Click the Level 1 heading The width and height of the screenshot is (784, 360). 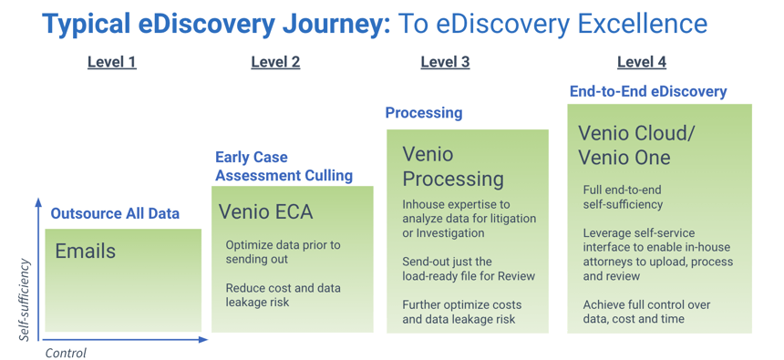(111, 62)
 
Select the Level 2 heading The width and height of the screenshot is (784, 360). (275, 62)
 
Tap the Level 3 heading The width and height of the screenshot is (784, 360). (445, 62)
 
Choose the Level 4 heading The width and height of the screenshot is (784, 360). (641, 62)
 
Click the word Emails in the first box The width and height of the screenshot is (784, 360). (86, 251)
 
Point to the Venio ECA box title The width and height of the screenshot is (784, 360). (265, 212)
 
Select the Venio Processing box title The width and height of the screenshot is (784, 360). (453, 166)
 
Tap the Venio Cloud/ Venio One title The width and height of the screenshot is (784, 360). (636, 145)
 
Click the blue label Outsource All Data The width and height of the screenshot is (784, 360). (115, 214)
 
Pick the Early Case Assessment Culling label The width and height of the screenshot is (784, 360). (284, 166)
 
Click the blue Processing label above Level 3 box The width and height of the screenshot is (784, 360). (423, 113)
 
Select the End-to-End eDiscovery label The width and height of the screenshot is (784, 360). (648, 91)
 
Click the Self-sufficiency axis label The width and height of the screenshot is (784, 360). (26, 300)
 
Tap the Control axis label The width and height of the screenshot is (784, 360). (66, 353)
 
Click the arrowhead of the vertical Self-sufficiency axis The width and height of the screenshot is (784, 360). (38, 202)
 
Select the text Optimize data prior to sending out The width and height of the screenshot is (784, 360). (283, 252)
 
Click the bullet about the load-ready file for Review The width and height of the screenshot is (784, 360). (469, 269)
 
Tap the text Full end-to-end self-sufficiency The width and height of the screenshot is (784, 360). (623, 197)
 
